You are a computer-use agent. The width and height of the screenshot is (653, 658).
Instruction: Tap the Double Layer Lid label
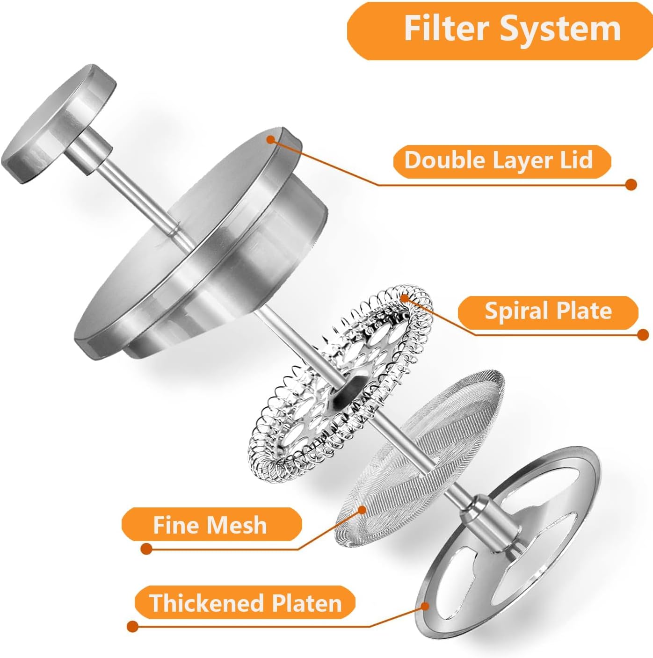tap(502, 161)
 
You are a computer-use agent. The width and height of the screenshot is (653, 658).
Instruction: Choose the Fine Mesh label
tap(212, 525)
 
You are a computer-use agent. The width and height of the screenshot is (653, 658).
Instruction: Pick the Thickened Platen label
tap(245, 603)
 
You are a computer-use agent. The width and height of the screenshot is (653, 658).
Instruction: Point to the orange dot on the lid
tap(271, 139)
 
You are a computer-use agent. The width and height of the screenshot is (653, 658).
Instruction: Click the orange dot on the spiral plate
tap(405, 298)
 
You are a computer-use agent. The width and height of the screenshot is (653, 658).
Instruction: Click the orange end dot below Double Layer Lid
tap(631, 184)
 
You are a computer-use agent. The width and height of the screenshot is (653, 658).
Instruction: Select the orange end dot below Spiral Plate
tap(643, 335)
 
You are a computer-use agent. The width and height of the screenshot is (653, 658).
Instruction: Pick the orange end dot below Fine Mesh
tap(146, 549)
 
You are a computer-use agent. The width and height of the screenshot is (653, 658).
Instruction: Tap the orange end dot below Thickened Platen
tap(132, 627)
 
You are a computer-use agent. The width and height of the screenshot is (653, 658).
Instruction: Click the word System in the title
tap(560, 30)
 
